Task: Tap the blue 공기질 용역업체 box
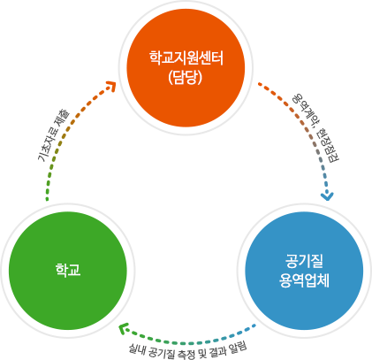click(302, 269)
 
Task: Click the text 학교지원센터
click(186, 59)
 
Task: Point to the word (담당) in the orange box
click(186, 77)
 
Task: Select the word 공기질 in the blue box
click(302, 259)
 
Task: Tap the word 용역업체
click(302, 278)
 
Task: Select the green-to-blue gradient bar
click(186, 334)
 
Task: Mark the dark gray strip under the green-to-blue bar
click(186, 352)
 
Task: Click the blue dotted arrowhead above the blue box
click(328, 195)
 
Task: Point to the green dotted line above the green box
click(46, 183)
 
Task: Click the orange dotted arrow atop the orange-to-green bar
click(110, 86)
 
